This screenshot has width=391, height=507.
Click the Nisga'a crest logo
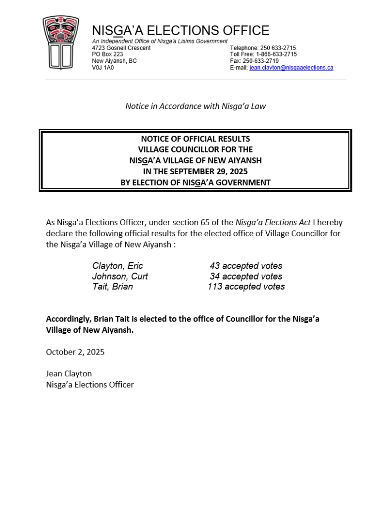pos(60,43)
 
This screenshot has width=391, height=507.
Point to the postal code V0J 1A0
pos(103,68)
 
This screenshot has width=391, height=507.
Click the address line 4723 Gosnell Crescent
pos(121,48)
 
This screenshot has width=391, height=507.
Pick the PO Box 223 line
pos(107,54)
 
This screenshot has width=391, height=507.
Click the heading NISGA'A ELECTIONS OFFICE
pos(181,31)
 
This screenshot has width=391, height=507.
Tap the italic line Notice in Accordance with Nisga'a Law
pos(195,106)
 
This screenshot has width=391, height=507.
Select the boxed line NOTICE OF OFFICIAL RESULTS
pos(195,139)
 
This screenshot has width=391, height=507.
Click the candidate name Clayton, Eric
pos(117,266)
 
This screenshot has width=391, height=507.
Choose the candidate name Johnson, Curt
pos(120,276)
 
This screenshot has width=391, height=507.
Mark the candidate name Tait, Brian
pos(112,286)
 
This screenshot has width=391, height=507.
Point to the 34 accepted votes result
pos(246,276)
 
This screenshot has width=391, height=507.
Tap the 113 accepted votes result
pos(246,286)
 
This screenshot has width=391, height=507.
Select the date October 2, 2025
pos(75,352)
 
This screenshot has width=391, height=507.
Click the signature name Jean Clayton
pos(69,373)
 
